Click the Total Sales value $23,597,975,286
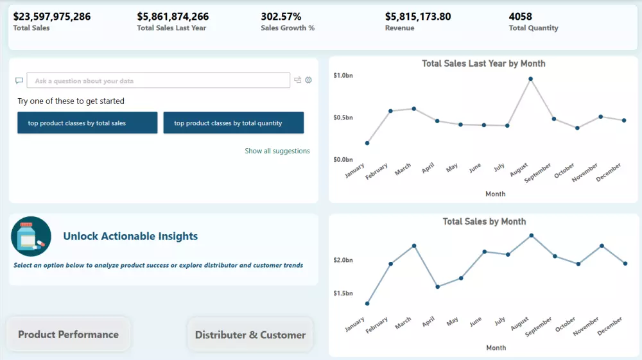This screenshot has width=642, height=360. (x=52, y=17)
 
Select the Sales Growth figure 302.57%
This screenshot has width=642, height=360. (x=281, y=17)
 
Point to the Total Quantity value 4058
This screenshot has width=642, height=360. (x=521, y=17)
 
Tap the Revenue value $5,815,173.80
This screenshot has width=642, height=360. (x=418, y=17)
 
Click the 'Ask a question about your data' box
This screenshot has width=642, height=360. (x=159, y=81)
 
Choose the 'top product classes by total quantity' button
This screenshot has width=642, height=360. (x=234, y=123)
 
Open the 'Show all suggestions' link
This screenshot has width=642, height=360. (x=277, y=151)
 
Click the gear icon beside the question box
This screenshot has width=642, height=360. (x=308, y=80)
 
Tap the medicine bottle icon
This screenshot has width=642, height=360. (x=31, y=237)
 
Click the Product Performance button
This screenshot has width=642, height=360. (x=68, y=334)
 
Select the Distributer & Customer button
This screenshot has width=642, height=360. (x=250, y=334)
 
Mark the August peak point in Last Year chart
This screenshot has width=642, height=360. (x=530, y=79)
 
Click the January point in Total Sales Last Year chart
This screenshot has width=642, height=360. (x=367, y=143)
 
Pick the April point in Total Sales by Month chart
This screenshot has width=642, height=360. (x=437, y=287)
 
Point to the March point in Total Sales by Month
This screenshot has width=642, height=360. (x=414, y=246)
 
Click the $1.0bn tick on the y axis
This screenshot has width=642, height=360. (x=343, y=76)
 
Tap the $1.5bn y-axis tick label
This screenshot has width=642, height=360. (x=343, y=293)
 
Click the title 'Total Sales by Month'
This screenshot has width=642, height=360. (x=484, y=221)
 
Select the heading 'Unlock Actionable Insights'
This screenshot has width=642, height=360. (x=130, y=236)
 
